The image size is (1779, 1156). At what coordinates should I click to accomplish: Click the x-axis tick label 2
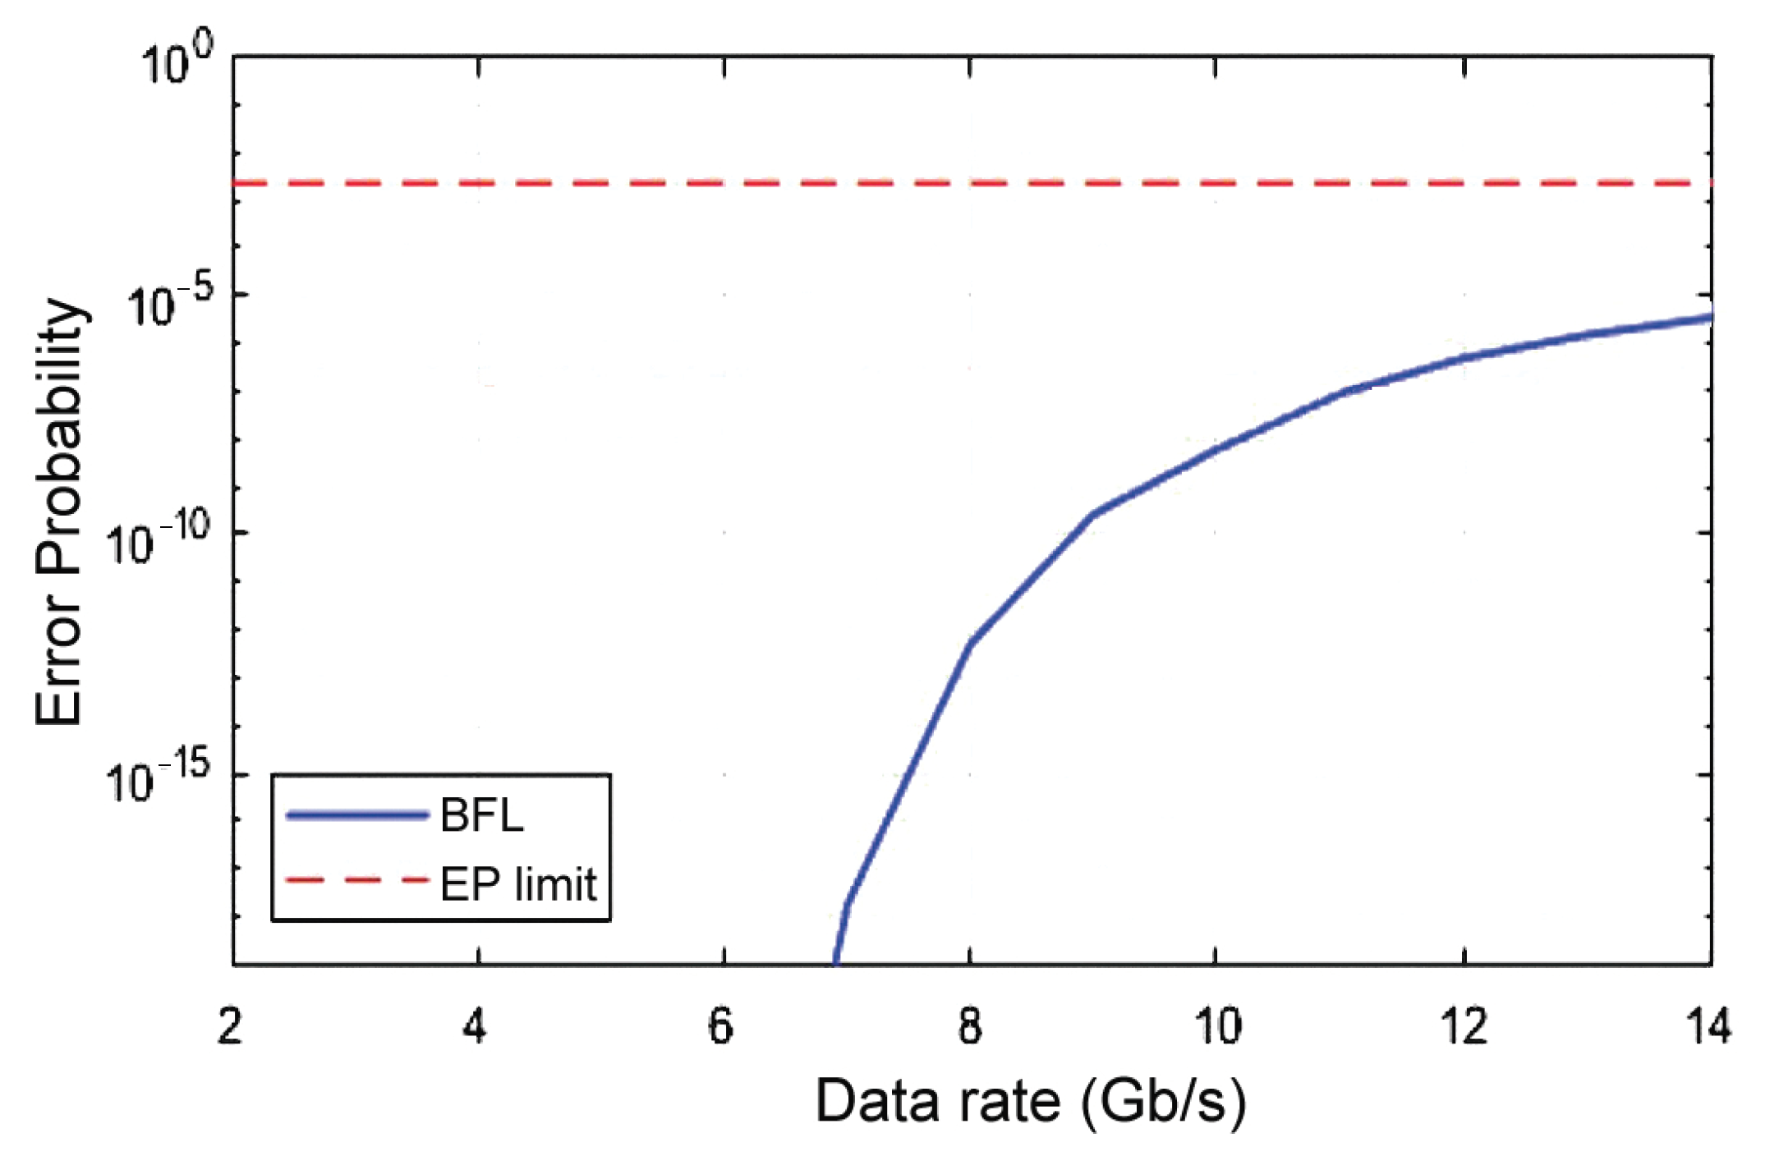(231, 1027)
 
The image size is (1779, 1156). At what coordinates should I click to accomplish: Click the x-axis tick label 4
(475, 1027)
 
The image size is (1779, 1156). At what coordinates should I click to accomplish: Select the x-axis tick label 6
(721, 1027)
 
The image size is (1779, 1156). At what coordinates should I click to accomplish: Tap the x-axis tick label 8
(970, 1027)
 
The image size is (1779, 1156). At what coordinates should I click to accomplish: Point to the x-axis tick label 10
(1216, 1027)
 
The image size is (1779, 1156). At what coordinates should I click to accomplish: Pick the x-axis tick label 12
(1464, 1027)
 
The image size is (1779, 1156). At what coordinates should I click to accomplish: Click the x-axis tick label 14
(1709, 1027)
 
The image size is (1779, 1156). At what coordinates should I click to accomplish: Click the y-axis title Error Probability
(59, 511)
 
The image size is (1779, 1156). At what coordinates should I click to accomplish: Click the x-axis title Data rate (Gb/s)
(1030, 1102)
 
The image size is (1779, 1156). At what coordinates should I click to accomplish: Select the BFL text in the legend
(482, 816)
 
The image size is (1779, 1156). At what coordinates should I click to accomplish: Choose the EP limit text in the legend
(518, 884)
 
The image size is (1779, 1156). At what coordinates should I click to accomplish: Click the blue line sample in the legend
(357, 815)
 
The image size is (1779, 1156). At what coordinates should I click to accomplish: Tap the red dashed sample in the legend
(357, 881)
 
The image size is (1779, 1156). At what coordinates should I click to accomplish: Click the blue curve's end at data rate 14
(1708, 318)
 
